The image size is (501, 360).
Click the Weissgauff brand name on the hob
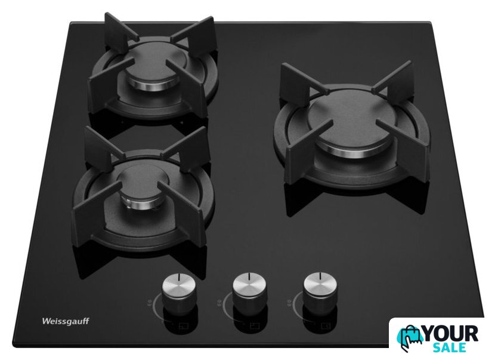[66, 321]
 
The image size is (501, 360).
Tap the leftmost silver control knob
[178, 292]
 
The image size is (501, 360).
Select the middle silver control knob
[249, 290]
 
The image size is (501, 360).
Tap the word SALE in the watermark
[450, 347]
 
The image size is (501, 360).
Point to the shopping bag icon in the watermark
[410, 339]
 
